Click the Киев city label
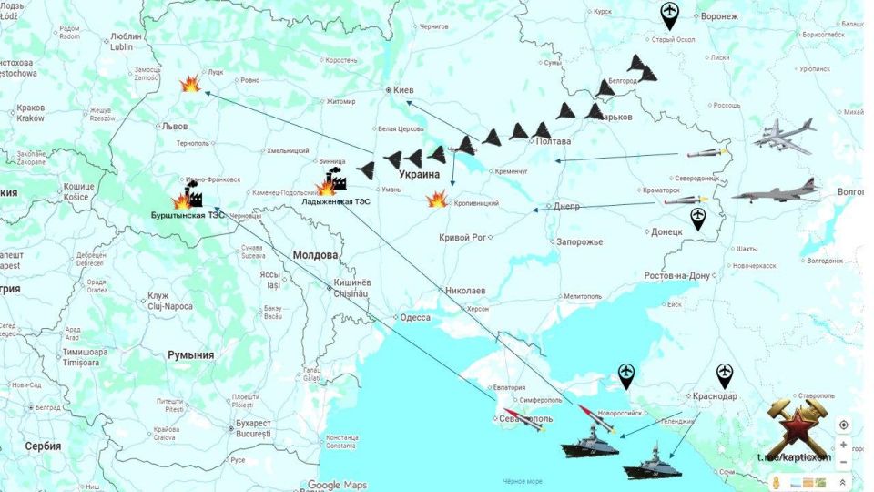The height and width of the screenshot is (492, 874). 404,90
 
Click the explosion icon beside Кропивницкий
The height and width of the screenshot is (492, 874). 438,199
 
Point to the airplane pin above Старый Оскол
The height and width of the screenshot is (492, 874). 670,14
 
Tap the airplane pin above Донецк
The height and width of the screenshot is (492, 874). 698,218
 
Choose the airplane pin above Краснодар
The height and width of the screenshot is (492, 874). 724,374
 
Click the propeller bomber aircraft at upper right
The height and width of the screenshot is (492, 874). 784,136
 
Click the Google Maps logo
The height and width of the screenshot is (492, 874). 337,485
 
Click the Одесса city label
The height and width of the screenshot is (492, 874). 415,317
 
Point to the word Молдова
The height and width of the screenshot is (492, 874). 315,255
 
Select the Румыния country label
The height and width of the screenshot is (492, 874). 190,355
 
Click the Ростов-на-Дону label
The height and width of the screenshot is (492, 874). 676,275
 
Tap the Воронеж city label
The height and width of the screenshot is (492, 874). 719,17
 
